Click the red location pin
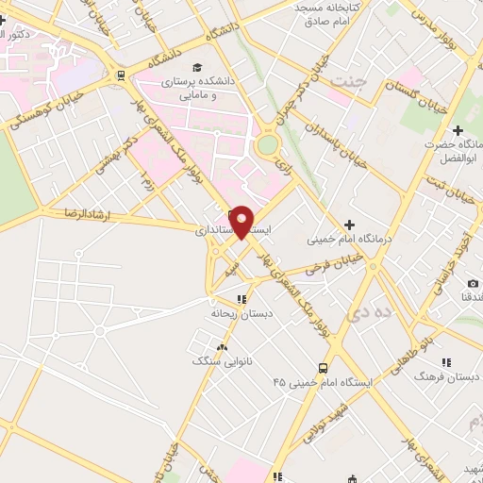pyautogui.click(x=242, y=222)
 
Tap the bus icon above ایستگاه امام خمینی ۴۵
pyautogui.click(x=324, y=368)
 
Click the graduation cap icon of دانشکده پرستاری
pyautogui.click(x=197, y=67)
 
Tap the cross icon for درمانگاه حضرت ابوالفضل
pyautogui.click(x=458, y=129)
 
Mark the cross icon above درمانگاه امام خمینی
pyautogui.click(x=349, y=224)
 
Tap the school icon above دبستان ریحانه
pyautogui.click(x=241, y=299)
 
